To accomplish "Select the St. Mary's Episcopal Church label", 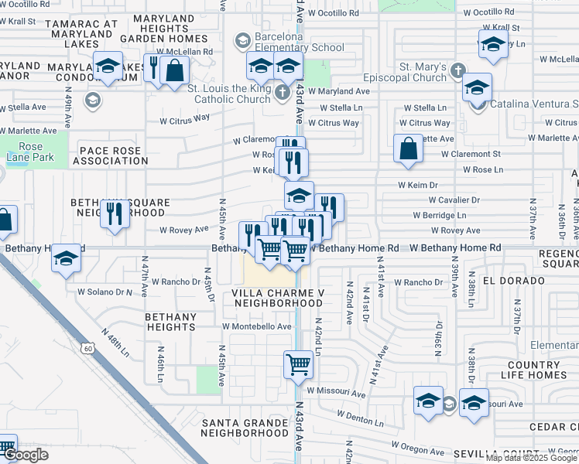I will (x=406, y=72).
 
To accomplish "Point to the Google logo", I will (x=26, y=455).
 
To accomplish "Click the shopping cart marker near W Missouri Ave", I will (x=298, y=363).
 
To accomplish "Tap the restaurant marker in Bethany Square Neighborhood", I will (x=115, y=213).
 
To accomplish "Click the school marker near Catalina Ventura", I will (x=478, y=87).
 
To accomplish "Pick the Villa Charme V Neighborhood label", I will (x=277, y=298).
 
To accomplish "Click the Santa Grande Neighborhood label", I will (x=245, y=428).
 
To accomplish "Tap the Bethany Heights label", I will (x=170, y=322).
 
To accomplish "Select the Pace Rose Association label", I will (x=109, y=155).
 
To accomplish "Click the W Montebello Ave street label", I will (x=257, y=326).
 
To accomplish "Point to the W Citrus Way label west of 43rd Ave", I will (x=185, y=118).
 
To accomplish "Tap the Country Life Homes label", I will (x=537, y=370).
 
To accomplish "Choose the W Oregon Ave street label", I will (x=417, y=449).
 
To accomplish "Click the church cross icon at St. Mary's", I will (x=457, y=71).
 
